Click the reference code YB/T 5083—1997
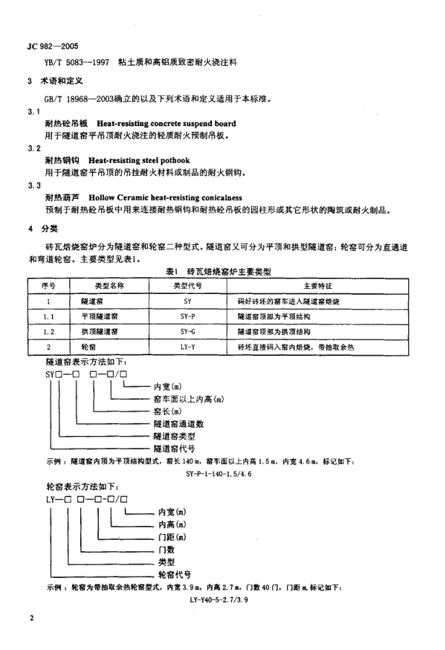tap(77, 63)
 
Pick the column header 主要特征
tap(315, 285)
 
